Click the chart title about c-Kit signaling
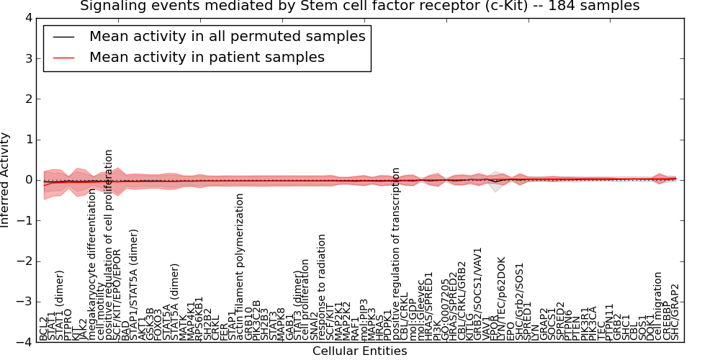[359, 6]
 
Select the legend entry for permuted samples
[227, 36]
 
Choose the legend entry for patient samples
[207, 57]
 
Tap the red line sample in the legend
[62, 58]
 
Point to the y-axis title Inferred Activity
[6, 180]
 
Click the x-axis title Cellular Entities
[359, 351]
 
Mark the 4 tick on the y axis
[28, 18]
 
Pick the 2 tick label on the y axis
[28, 99]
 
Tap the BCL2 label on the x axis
[44, 328]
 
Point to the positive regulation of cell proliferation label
[109, 245]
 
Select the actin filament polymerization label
[240, 266]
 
